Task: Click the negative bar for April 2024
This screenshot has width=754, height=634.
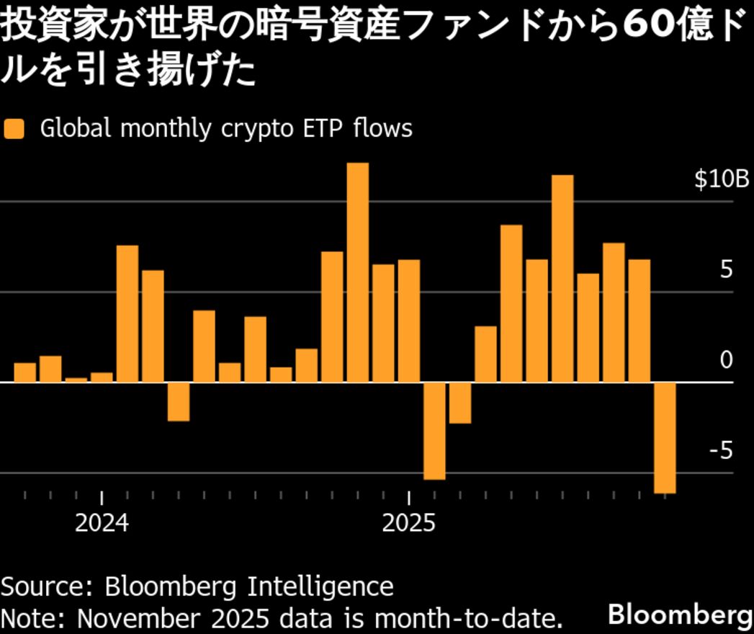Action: [x=179, y=401]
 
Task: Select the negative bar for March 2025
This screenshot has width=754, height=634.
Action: [x=459, y=403]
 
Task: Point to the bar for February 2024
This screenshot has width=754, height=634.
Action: [x=127, y=313]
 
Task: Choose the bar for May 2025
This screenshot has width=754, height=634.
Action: [x=511, y=303]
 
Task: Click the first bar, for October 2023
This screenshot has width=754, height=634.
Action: [x=25, y=372]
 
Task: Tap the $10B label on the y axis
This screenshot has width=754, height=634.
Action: [x=721, y=180]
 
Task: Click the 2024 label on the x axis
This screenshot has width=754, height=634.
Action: [x=102, y=522]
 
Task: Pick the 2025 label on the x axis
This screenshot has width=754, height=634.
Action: [x=409, y=522]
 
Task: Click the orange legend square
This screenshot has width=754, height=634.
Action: [x=14, y=129]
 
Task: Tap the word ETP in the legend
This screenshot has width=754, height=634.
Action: [x=321, y=129]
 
